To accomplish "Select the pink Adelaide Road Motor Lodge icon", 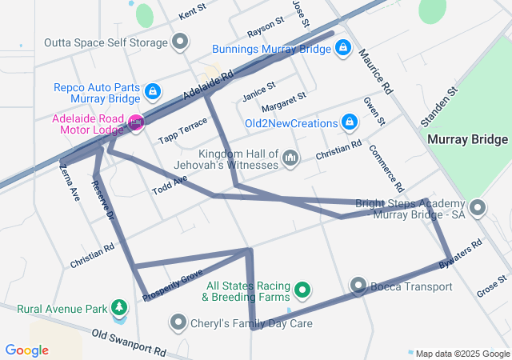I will [x=136, y=122].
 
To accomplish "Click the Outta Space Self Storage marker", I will [x=182, y=41].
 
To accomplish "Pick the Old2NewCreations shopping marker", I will [x=349, y=122].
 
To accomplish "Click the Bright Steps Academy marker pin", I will [x=478, y=210].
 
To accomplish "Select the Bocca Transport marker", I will [x=358, y=286].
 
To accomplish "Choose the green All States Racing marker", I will [x=302, y=290].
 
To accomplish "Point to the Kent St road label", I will [x=192, y=14].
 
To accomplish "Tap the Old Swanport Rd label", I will [x=128, y=342].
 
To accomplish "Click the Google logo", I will [x=27, y=350].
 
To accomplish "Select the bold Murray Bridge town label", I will [x=467, y=139].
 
